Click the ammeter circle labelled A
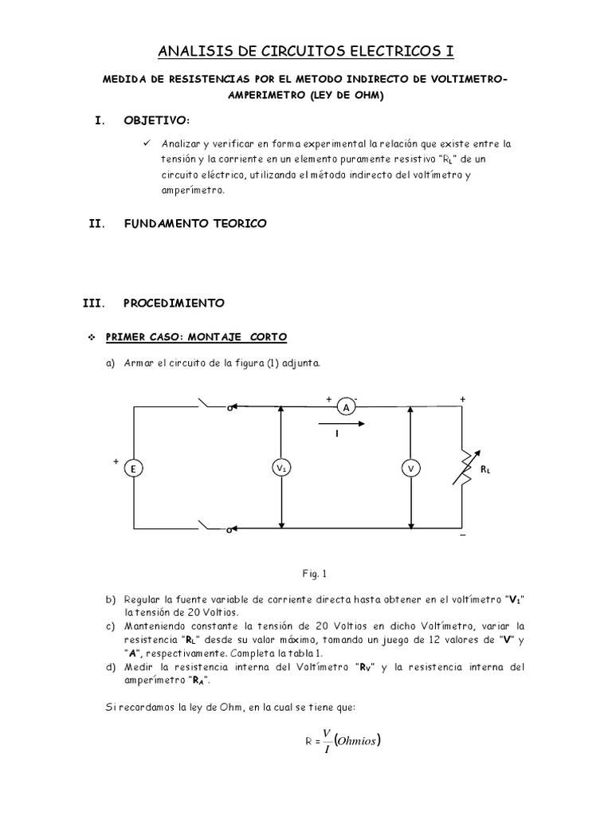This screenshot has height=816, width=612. tap(347, 407)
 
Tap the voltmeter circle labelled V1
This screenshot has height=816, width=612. tap(281, 469)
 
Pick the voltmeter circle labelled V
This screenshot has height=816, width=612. tap(411, 469)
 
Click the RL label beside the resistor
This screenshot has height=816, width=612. tap(486, 470)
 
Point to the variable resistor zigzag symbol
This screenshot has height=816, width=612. tap(462, 469)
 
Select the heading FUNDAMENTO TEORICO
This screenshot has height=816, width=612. tap(195, 224)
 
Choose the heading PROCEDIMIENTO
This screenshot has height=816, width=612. tap(174, 303)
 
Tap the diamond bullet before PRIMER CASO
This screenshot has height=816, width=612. tap(91, 338)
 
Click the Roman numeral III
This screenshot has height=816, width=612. tap(94, 303)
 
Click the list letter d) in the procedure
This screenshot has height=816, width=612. tap(110, 666)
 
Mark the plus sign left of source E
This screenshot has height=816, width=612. tap(116, 461)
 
